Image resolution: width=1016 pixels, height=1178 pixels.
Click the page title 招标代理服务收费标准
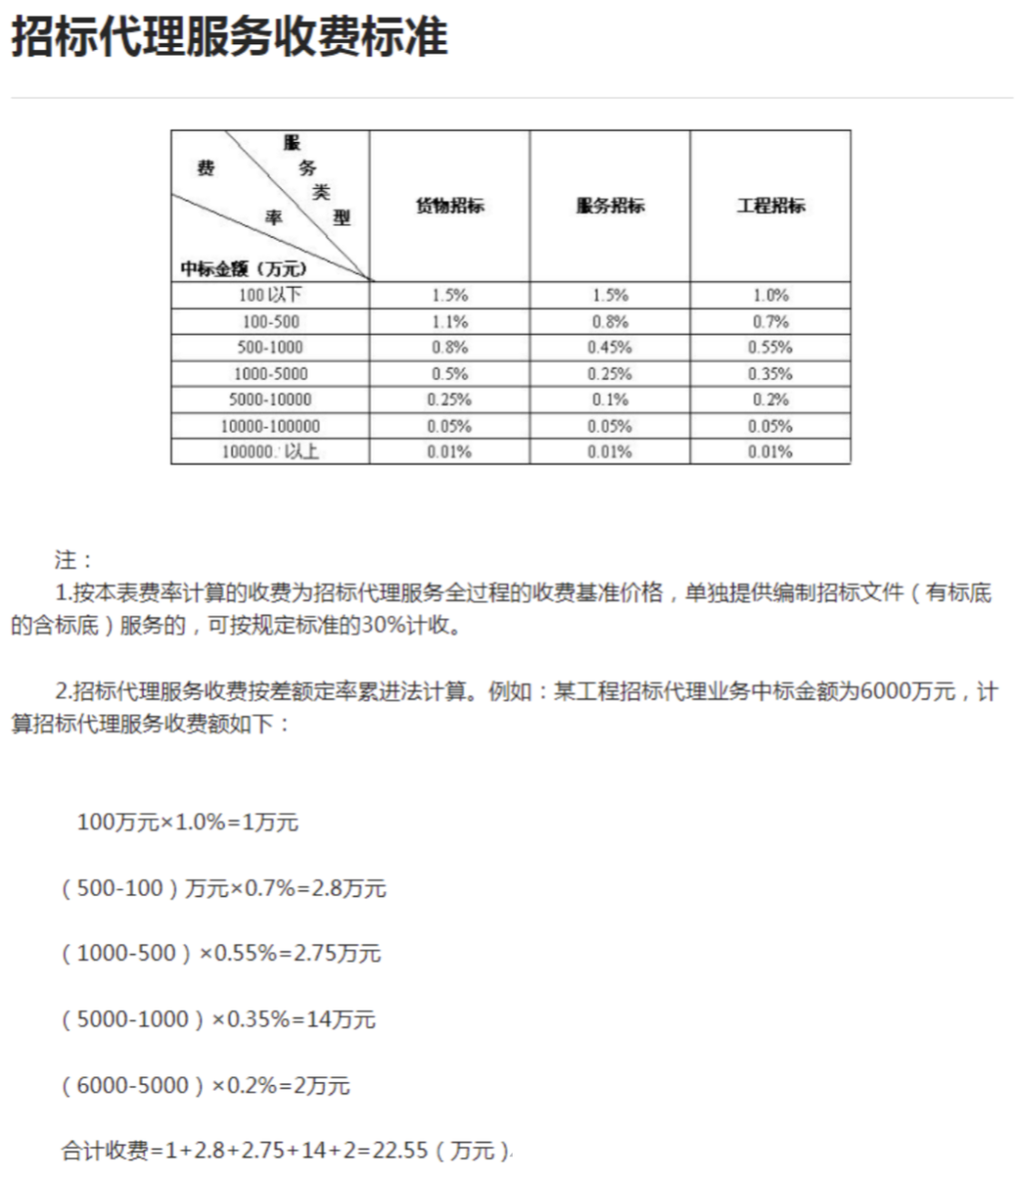[229, 38]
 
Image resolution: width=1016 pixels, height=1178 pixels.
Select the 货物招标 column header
[450, 206]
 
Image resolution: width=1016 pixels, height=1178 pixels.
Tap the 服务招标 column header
[610, 206]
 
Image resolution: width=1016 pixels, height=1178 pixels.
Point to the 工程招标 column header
[770, 206]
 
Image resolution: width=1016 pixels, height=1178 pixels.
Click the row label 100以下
[270, 295]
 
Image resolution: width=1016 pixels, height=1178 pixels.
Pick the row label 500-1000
[270, 347]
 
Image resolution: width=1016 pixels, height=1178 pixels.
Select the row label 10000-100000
[270, 426]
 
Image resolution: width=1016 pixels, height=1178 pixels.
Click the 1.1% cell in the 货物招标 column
[450, 322]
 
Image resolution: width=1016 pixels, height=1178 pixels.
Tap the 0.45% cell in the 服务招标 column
[610, 347]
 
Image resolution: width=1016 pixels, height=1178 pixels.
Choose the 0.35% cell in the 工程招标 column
[770, 374]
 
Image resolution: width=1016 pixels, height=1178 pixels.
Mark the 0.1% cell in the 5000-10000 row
[610, 400]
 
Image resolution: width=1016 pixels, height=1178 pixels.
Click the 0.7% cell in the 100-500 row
[770, 322]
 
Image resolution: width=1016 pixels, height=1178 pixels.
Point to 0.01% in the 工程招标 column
[770, 453]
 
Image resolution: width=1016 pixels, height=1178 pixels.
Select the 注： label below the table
[73, 561]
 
